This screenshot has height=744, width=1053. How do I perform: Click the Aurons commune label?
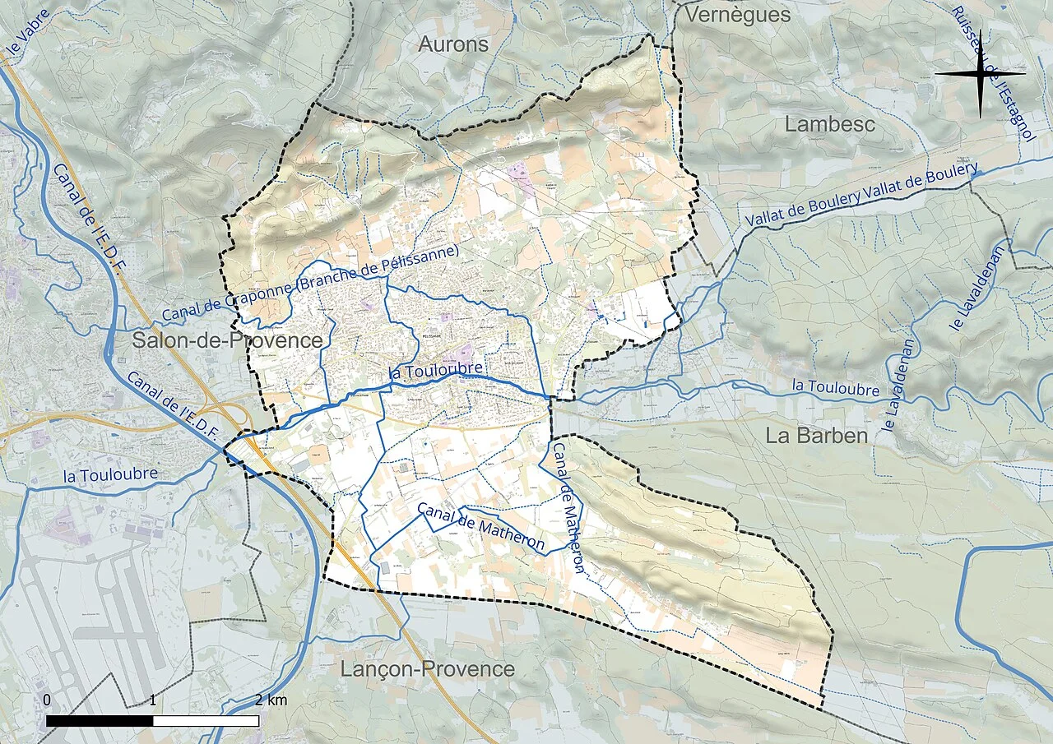click(x=453, y=44)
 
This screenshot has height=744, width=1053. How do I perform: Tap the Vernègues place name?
click(x=737, y=15)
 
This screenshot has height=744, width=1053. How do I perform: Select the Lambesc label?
click(x=830, y=124)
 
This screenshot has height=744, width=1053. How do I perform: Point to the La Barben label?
click(x=817, y=436)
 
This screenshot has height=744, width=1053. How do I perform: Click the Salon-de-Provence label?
click(x=228, y=340)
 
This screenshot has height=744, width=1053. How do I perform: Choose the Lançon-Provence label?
click(x=428, y=669)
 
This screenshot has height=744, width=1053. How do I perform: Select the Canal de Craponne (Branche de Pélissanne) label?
click(x=310, y=284)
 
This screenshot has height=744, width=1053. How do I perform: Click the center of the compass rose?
click(x=980, y=74)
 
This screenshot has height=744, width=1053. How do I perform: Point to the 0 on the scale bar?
click(x=47, y=700)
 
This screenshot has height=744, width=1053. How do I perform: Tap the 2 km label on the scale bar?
click(x=271, y=700)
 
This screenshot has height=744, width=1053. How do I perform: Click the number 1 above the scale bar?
click(x=154, y=700)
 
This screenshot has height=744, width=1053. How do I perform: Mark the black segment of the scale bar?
click(x=100, y=721)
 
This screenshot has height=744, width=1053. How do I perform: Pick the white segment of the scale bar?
click(x=206, y=721)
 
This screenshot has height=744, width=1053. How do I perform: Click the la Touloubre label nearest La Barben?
click(x=835, y=387)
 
